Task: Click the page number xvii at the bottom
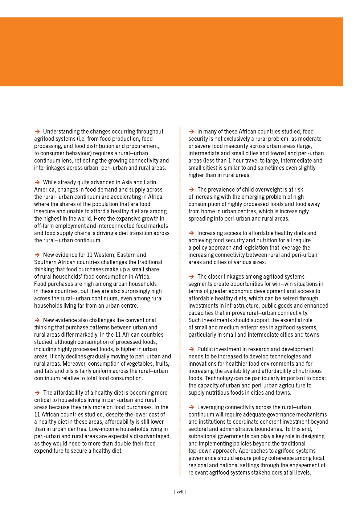coord(180,492)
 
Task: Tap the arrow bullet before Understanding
coord(37,131)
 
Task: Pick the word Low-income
coord(105,429)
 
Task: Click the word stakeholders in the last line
coord(262,472)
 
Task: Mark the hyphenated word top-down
coord(201,451)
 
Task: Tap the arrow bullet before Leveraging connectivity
coord(191,407)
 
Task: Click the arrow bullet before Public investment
coord(191,349)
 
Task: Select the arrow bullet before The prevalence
coord(191,189)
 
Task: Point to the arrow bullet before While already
coord(37,182)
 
